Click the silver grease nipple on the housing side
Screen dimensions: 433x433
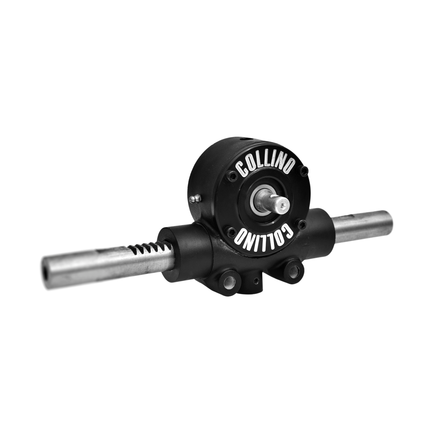click(x=195, y=198)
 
